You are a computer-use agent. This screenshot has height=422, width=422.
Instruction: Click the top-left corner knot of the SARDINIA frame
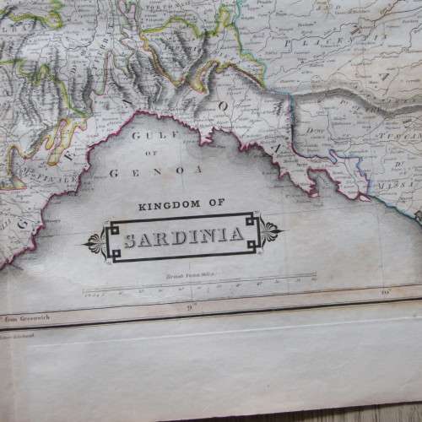109,225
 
